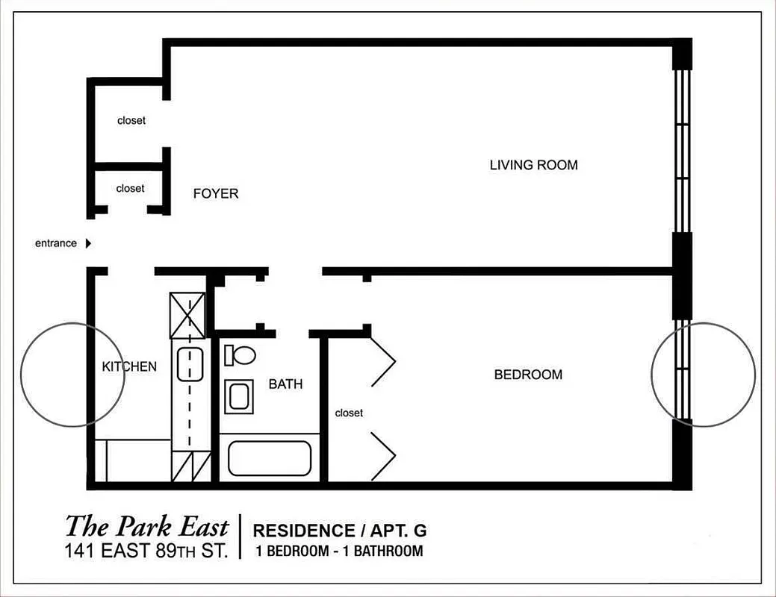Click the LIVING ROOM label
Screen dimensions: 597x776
(533, 165)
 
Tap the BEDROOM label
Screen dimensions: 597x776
(528, 375)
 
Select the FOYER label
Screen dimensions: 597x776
(216, 194)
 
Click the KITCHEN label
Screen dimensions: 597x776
(129, 366)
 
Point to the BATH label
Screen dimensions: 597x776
(285, 384)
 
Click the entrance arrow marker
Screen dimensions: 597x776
(88, 243)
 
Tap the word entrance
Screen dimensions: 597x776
(56, 243)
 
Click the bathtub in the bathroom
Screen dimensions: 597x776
(269, 458)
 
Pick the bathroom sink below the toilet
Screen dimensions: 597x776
(239, 396)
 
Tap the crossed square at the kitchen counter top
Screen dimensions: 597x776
(187, 316)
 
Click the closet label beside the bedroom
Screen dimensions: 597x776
(349, 413)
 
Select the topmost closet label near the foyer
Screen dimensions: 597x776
(131, 120)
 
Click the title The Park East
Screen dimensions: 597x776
(146, 526)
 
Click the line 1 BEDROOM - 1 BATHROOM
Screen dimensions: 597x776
(338, 551)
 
